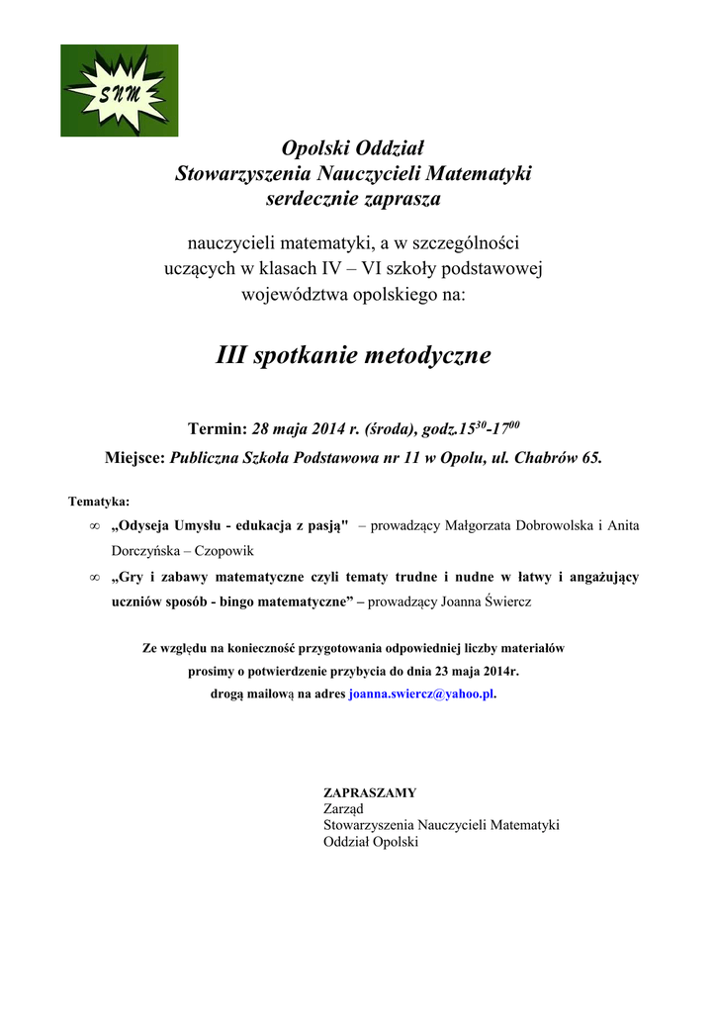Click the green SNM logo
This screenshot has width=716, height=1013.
pos(119,90)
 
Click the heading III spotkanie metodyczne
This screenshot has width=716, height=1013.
pos(353,355)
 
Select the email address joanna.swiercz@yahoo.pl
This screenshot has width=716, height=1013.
pos(421,694)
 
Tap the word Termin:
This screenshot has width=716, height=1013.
pos(217,429)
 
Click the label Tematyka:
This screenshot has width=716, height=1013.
pos(99,502)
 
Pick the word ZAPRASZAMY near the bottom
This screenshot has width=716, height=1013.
pos(370,792)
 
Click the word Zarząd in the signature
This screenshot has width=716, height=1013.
pos(343,808)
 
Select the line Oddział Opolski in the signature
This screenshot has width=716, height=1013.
pos(371,842)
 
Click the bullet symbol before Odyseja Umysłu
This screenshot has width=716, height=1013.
pos(94,526)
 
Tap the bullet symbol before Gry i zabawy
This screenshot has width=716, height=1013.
pos(94,577)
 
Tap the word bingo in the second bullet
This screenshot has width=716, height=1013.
pos(219,601)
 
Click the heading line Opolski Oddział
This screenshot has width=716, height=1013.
pos(353,148)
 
